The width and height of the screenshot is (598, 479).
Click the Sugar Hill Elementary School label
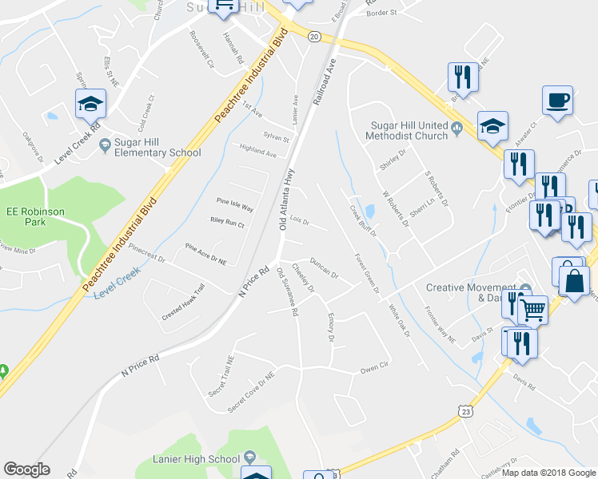click(x=157, y=148)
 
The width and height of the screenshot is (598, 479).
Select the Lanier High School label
click(x=196, y=459)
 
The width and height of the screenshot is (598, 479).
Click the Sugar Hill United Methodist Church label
click(x=409, y=130)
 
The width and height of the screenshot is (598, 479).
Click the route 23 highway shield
click(x=466, y=411)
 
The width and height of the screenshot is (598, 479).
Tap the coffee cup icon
click(x=556, y=101)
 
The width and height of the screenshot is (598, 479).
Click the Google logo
click(x=26, y=469)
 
